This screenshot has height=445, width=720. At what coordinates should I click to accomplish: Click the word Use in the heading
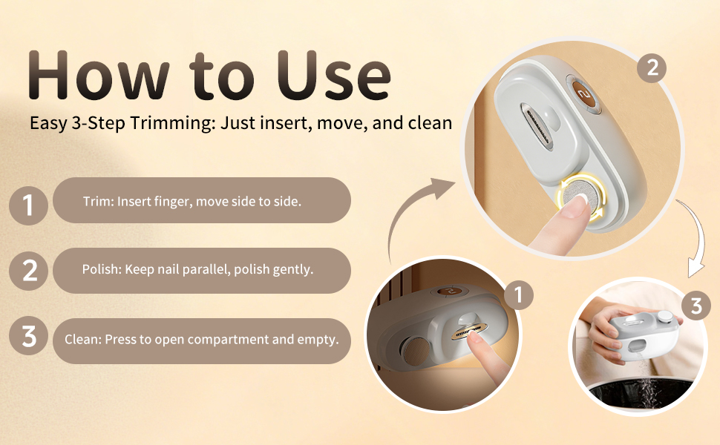tap(334, 75)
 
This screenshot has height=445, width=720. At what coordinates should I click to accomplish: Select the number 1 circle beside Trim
tap(28, 205)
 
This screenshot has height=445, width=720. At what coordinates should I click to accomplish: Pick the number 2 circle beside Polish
tap(28, 271)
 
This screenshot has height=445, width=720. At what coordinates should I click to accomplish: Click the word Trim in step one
tap(98, 202)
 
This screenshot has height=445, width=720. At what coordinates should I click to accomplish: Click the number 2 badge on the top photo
tap(652, 68)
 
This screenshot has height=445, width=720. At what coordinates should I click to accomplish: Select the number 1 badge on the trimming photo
tap(518, 295)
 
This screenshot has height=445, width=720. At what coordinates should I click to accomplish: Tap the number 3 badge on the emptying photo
tap(696, 305)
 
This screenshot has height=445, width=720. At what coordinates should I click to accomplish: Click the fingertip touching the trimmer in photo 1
tap(475, 338)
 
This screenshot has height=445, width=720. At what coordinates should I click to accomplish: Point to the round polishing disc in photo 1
tap(416, 351)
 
